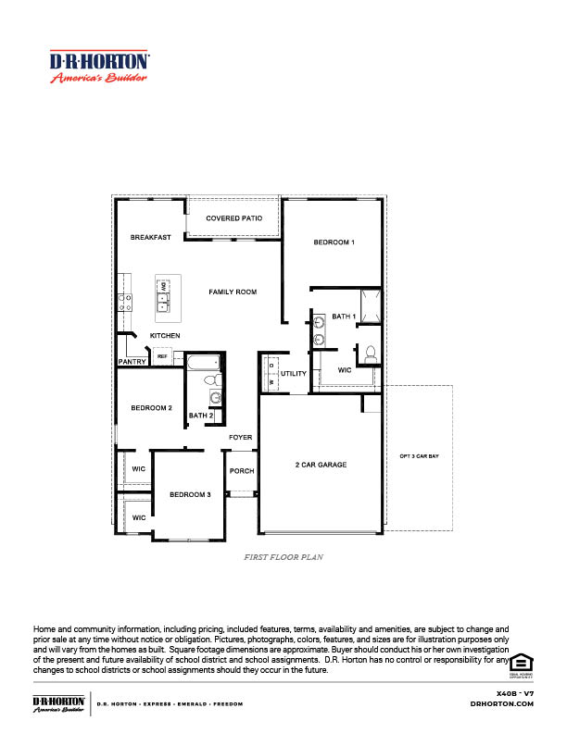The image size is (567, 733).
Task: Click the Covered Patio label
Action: click(233, 218)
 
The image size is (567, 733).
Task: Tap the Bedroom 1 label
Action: click(334, 242)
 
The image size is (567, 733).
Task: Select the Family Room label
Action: click(233, 292)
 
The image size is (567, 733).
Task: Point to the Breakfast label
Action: click(150, 238)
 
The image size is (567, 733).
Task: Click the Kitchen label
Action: click(165, 335)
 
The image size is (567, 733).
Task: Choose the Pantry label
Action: click(131, 362)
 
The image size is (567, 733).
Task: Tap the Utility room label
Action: click(294, 374)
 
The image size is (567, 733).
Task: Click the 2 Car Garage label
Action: click(321, 465)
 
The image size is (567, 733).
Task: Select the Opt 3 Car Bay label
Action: click(419, 456)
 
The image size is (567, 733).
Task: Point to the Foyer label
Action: click(241, 437)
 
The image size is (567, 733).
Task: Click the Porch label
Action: click(241, 471)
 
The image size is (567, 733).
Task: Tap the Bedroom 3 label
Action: click(190, 495)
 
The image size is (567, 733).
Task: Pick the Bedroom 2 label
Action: click(151, 408)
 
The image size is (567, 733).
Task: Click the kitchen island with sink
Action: click(163, 299)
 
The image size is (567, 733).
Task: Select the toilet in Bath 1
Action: click(370, 353)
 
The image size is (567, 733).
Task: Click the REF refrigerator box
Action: click(162, 356)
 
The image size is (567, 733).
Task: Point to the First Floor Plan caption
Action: click(283, 558)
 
